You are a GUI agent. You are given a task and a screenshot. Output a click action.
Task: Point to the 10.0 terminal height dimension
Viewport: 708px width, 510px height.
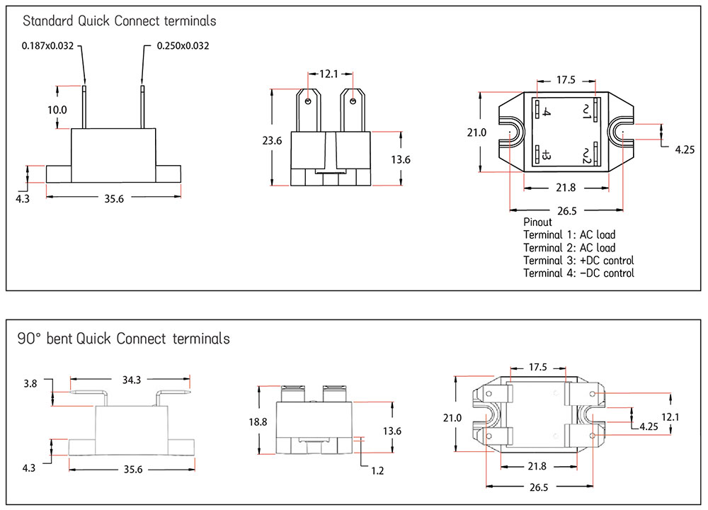tap(57, 110)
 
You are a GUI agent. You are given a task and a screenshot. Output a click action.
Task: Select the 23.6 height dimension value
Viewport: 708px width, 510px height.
tap(272, 141)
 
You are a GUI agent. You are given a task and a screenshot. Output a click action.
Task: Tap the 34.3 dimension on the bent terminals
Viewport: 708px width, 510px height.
tap(130, 380)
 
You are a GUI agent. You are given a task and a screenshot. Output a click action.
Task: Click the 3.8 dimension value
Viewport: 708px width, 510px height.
tap(30, 384)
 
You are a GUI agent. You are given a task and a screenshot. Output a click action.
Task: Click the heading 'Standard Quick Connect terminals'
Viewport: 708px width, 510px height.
tap(119, 21)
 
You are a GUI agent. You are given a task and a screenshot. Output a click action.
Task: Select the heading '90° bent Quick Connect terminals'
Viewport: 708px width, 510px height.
tap(123, 339)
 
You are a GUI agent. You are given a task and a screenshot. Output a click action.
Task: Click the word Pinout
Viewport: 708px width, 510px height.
tap(537, 222)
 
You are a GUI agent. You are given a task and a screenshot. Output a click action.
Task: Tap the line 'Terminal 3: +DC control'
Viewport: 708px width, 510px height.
tap(578, 260)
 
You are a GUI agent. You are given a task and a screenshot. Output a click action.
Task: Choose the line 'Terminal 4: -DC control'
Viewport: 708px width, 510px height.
tap(578, 273)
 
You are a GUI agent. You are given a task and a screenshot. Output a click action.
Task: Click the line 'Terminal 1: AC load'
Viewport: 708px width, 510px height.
tap(569, 234)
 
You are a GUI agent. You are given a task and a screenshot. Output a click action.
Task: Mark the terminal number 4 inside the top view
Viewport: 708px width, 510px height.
tap(547, 112)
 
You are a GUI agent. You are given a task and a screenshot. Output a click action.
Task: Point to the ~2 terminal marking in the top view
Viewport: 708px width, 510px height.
tap(587, 155)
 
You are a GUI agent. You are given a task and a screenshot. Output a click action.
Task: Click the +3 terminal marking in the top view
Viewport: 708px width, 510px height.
tap(547, 155)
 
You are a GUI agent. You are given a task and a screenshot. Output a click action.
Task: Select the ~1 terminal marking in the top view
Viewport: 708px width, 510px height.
tap(587, 111)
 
